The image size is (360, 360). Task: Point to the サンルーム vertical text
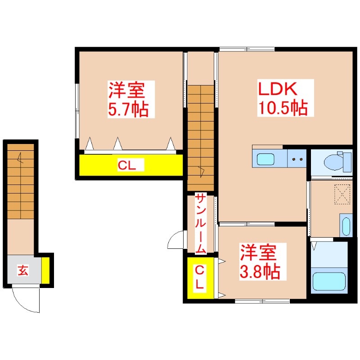(x=200, y=223)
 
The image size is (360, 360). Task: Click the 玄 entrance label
(x=23, y=270)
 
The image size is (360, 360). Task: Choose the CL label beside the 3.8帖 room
(x=200, y=277)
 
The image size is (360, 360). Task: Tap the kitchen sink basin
(x=266, y=159)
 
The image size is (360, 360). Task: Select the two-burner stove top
(x=297, y=159)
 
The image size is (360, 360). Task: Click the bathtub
(x=329, y=283)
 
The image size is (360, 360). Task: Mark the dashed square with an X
(x=342, y=194)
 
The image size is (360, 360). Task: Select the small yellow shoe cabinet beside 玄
(x=45, y=270)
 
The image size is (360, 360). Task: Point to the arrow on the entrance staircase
(x=20, y=158)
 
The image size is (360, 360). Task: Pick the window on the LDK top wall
(x=247, y=49)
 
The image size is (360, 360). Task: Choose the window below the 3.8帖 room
(x=262, y=301)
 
